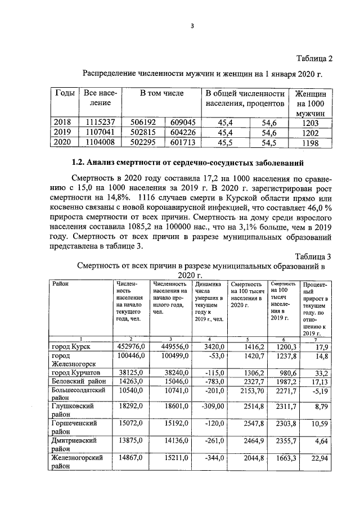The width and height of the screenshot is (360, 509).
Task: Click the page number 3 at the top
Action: point(192,24)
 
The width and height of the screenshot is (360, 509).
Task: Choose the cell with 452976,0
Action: point(130,346)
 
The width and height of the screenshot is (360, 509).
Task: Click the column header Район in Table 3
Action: point(60,284)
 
